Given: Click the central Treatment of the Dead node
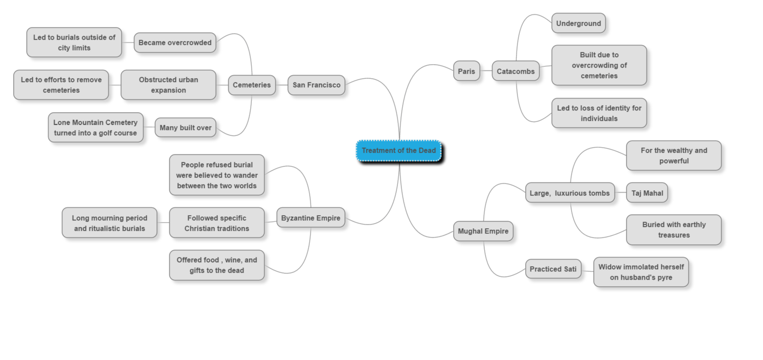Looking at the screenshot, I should pos(399,151).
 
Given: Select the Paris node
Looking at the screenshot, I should pos(466,71).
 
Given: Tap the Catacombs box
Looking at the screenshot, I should pos(515,71).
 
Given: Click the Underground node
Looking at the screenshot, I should pos(578,23).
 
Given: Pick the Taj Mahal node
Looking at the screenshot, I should pos(646,193).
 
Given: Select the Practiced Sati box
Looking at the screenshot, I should pos(553,269).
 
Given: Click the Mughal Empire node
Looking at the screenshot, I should pos(483,231).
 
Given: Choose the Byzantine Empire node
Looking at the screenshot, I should pos(310,218).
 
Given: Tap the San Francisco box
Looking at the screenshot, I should pos(316,85).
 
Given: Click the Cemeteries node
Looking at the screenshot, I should pos(251,85).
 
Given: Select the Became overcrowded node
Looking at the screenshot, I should pos(175,42).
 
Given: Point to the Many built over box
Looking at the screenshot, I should pos(185,127).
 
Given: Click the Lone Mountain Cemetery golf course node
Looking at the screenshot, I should pos(95,127).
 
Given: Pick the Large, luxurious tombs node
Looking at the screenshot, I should pos(569,193).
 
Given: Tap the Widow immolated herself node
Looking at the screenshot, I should pos(640,272).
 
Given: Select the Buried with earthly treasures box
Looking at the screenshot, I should pos(673,230).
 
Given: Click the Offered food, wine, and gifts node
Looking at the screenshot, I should pos(217,265).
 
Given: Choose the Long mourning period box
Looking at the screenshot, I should pos(109,223).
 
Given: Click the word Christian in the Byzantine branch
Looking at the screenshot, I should pos(202,229).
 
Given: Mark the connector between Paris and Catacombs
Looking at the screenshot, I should pos(486,71).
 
